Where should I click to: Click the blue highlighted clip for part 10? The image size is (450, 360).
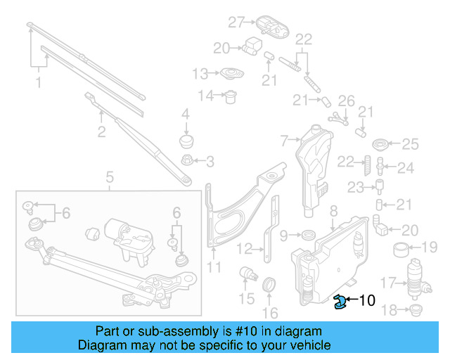340,302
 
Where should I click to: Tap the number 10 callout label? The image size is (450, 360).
368,301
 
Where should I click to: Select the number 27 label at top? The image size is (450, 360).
236,22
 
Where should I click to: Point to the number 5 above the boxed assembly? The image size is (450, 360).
110,177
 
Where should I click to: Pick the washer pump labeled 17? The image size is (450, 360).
418,280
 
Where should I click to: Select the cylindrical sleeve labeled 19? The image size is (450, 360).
401,247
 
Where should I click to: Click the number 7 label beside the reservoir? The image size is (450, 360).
284,141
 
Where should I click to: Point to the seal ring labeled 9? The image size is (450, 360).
307,234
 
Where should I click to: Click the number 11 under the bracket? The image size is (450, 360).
214,267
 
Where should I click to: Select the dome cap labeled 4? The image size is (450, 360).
187,141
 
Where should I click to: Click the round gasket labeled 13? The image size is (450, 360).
229,74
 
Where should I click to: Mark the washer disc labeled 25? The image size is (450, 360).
380,145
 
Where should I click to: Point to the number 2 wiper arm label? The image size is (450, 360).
101,131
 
